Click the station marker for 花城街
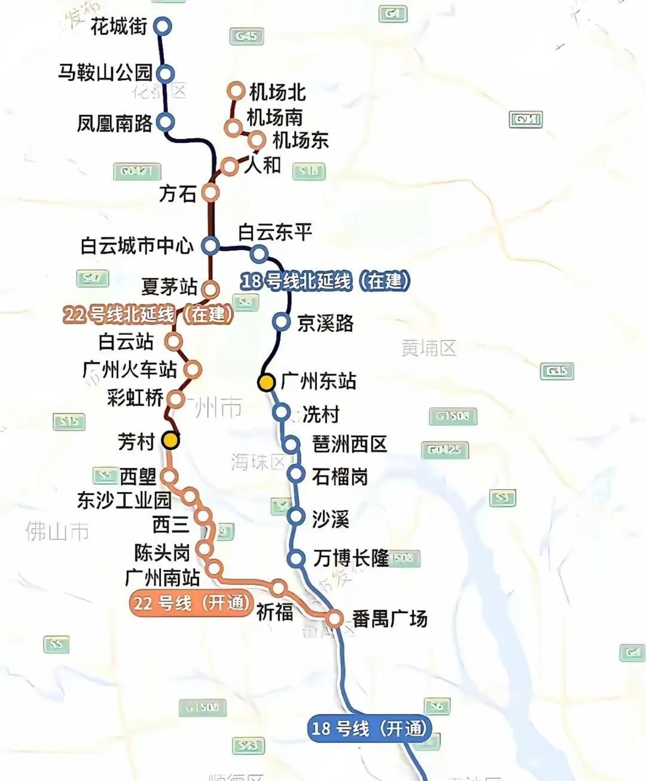pyautogui.click(x=162, y=26)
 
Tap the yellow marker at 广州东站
pyautogui.click(x=267, y=382)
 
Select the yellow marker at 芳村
pyautogui.click(x=171, y=441)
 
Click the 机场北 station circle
pyautogui.click(x=236, y=91)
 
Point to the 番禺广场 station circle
pyautogui.click(x=334, y=618)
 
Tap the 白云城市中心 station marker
pyautogui.click(x=210, y=245)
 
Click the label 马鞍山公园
pyautogui.click(x=106, y=73)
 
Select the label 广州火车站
pyautogui.click(x=130, y=370)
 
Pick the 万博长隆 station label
pyautogui.click(x=351, y=559)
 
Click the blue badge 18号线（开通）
pyautogui.click(x=369, y=728)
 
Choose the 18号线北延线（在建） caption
pyautogui.click(x=325, y=281)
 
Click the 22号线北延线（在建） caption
pyautogui.click(x=148, y=314)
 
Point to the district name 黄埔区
pyautogui.click(x=429, y=347)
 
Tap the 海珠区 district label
pyautogui.click(x=258, y=462)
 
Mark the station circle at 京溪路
pyautogui.click(x=281, y=322)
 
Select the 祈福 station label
pyautogui.click(x=275, y=612)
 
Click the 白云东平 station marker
pyautogui.click(x=258, y=253)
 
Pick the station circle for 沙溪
pyautogui.click(x=295, y=516)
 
